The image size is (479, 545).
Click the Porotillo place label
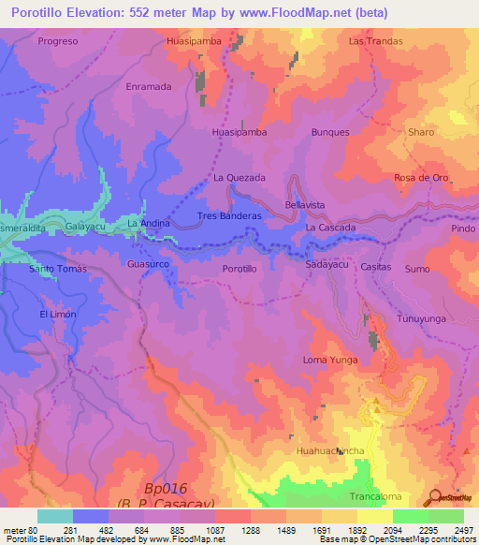[239, 269]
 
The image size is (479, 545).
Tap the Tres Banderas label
[229, 216]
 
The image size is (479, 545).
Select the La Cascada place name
[330, 228]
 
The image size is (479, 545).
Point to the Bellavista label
[304, 204]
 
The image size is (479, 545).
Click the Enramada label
[148, 86]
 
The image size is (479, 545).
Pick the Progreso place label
[58, 41]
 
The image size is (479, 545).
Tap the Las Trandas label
[375, 41]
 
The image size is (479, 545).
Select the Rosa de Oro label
[422, 178]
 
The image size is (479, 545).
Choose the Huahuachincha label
[329, 451]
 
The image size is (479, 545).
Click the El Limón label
[57, 315]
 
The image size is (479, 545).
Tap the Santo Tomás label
[58, 269]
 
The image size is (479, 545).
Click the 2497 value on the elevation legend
[465, 529]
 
